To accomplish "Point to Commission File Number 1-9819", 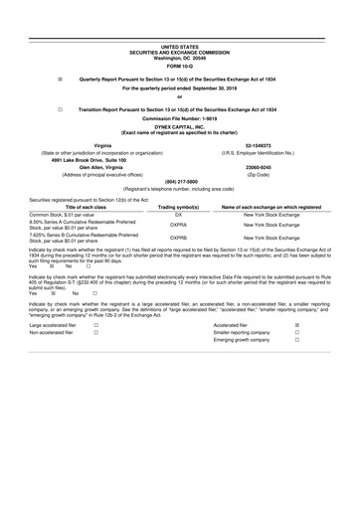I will [x=180, y=119].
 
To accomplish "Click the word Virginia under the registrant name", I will [x=102, y=145].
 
